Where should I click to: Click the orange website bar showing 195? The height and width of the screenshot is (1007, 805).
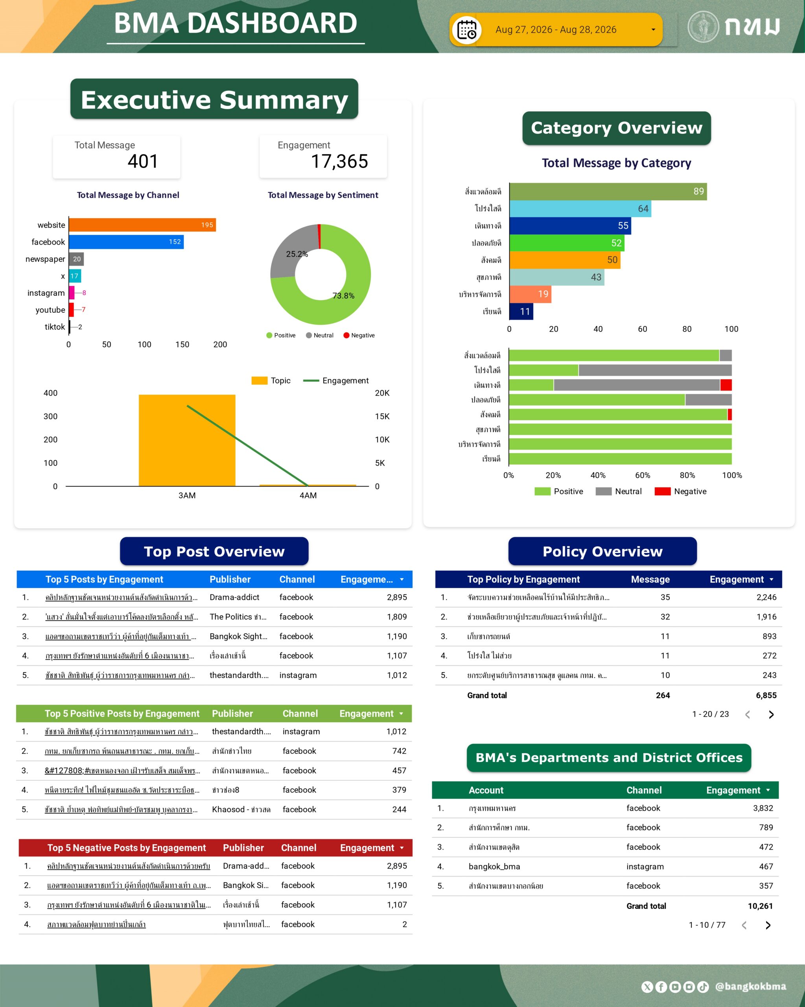142,225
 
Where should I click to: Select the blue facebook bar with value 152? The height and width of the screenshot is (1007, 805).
127,242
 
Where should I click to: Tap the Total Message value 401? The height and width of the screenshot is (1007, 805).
143,162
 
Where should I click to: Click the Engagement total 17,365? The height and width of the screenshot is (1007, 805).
339,162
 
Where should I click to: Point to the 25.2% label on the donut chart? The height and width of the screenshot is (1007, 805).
297,254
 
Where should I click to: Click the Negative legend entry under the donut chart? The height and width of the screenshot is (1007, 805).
359,336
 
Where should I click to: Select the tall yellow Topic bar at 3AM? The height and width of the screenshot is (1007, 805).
187,441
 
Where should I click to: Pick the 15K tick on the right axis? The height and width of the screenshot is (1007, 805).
382,417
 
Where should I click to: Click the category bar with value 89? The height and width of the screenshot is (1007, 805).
608,192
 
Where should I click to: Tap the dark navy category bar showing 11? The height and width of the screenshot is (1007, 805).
521,312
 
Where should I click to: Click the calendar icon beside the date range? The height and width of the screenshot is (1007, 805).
466,30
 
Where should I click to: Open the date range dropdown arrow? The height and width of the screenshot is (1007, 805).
653,30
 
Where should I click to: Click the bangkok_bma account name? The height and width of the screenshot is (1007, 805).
494,867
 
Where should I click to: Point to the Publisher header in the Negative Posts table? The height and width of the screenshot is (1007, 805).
243,848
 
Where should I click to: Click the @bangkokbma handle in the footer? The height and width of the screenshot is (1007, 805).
751,986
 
